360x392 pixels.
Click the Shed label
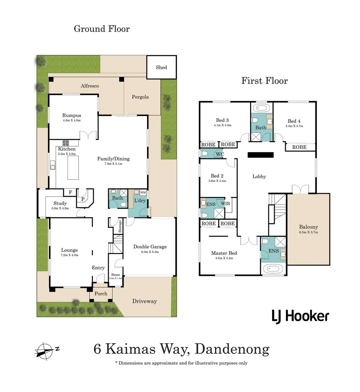click(161, 67)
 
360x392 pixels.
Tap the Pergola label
click(140, 97)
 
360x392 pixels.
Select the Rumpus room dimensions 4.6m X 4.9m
click(72, 120)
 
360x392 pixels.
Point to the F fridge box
click(70, 192)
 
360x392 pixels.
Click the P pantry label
click(83, 199)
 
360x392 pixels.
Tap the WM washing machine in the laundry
click(143, 192)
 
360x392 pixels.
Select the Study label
click(60, 203)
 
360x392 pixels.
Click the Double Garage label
click(150, 247)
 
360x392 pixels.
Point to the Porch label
click(101, 293)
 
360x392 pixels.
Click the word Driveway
click(144, 301)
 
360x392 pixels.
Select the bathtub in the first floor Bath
click(261, 108)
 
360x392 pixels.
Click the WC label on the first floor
click(219, 154)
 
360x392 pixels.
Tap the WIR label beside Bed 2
click(225, 204)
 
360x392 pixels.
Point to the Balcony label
click(308, 227)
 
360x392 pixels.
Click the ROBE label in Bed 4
click(299, 147)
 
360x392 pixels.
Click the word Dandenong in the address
click(232, 349)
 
